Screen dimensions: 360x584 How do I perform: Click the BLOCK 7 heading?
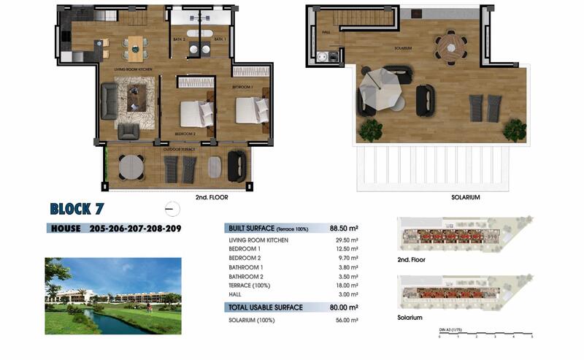pos(77,210)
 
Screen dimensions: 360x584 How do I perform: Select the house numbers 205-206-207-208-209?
pos(135,229)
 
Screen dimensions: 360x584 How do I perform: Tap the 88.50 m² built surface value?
pos(343,229)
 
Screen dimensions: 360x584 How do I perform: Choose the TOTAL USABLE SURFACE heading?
pos(265,307)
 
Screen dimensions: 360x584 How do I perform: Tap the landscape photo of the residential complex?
pos(112,296)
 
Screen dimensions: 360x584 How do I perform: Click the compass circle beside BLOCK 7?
pos(172,210)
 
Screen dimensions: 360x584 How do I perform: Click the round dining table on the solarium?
pos(450,47)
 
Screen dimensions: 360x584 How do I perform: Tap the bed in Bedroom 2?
pos(195,113)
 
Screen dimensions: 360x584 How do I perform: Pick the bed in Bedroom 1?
pos(252,110)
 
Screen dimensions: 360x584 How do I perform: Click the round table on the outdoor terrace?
pos(131,166)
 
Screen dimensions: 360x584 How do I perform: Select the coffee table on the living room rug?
pos(137,96)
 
